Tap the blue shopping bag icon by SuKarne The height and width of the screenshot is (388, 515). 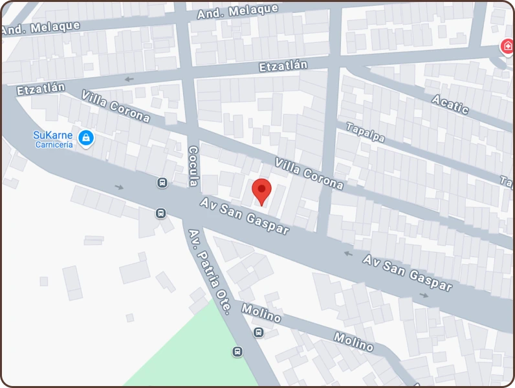85,137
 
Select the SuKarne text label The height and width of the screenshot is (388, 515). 52,135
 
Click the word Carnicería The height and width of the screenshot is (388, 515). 54,144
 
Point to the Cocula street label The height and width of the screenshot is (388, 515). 193,166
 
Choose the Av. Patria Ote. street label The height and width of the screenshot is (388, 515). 209,271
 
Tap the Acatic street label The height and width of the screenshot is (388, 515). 450,104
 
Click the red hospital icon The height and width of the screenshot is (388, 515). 507,47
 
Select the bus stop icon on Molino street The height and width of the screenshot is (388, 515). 259,333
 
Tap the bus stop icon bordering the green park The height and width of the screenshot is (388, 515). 237,352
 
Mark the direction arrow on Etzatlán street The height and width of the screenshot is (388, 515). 129,80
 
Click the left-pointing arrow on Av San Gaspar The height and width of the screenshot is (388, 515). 348,253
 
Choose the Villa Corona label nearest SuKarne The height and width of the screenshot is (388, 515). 116,106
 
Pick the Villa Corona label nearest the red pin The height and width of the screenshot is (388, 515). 309,173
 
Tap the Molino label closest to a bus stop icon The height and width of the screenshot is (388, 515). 261,313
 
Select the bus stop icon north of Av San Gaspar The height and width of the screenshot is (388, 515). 162,183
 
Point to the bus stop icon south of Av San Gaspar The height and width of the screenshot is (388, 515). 160,213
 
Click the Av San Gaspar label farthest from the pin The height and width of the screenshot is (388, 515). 407,272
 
